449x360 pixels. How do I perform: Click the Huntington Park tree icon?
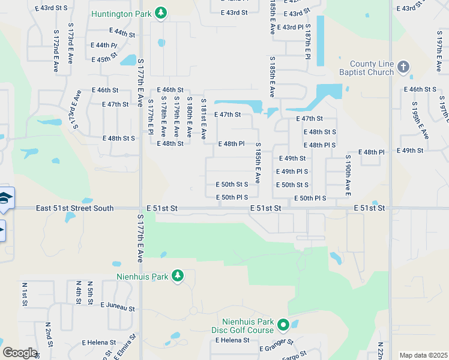(x=160, y=13)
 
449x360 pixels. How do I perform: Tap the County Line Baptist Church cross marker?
(x=403, y=67)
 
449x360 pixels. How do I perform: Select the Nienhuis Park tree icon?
(x=177, y=276)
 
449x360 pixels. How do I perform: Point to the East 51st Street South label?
(x=74, y=208)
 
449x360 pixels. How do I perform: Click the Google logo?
(x=20, y=353)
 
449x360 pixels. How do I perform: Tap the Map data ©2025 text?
(x=423, y=355)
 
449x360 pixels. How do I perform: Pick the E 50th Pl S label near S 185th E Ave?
(x=240, y=197)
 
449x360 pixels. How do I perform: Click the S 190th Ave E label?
(x=348, y=176)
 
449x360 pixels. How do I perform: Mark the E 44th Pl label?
(x=104, y=45)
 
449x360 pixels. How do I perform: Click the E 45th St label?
(x=104, y=59)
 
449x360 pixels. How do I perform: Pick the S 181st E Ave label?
(x=203, y=118)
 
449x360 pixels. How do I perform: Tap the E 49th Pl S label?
(x=292, y=172)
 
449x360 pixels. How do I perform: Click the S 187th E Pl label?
(x=307, y=41)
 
